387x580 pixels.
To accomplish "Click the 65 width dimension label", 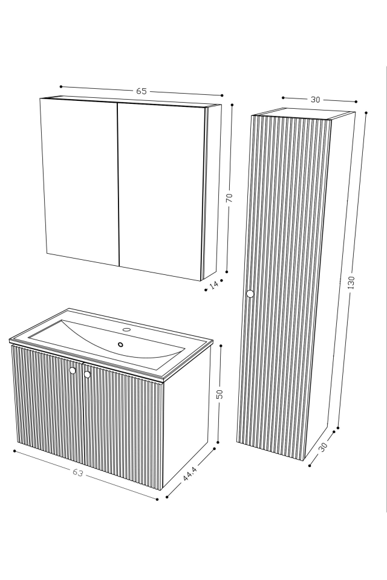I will (141, 91).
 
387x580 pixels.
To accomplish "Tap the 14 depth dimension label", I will (213, 286).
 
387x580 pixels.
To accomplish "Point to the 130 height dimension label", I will (351, 283).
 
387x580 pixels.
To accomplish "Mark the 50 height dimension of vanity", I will (220, 394).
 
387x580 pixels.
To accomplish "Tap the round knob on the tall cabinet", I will (250, 294).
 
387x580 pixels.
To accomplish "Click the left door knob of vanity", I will (73, 370).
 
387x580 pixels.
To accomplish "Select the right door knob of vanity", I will (87, 375).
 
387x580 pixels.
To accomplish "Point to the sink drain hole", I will (120, 344).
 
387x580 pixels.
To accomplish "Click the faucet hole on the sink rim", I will (127, 330).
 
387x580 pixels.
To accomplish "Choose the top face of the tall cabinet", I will (303, 114).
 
